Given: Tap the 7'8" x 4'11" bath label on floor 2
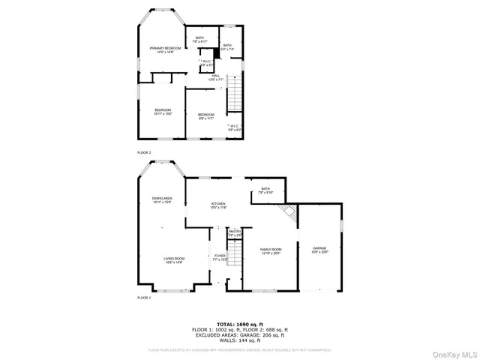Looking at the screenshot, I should (199, 40).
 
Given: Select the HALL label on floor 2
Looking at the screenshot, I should (215, 77).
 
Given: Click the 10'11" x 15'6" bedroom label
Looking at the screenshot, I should (163, 112).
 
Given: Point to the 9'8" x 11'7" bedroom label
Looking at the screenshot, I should (205, 116).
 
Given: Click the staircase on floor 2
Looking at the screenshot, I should (235, 93).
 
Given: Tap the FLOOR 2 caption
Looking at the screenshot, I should (144, 153).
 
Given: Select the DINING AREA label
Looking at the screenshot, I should (163, 199).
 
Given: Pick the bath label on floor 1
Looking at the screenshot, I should (265, 190).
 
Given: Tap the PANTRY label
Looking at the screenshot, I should (235, 234).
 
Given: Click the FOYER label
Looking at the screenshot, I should (220, 257).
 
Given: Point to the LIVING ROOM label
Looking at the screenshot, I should (174, 260).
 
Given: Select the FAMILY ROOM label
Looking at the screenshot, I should (270, 250).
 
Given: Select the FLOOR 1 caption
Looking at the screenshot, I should (144, 298).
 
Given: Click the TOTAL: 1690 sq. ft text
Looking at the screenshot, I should (239, 322).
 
